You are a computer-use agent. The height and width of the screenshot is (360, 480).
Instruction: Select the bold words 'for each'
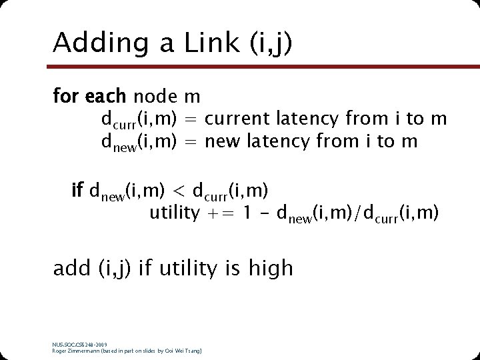pos(89,97)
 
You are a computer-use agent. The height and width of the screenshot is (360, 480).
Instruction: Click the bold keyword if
pos(77,191)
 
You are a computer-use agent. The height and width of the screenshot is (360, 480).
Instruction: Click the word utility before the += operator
pos(174,214)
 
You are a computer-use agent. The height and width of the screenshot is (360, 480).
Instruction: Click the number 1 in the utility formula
pos(246,214)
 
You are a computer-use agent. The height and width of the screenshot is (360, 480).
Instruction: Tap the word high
pos(271,268)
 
